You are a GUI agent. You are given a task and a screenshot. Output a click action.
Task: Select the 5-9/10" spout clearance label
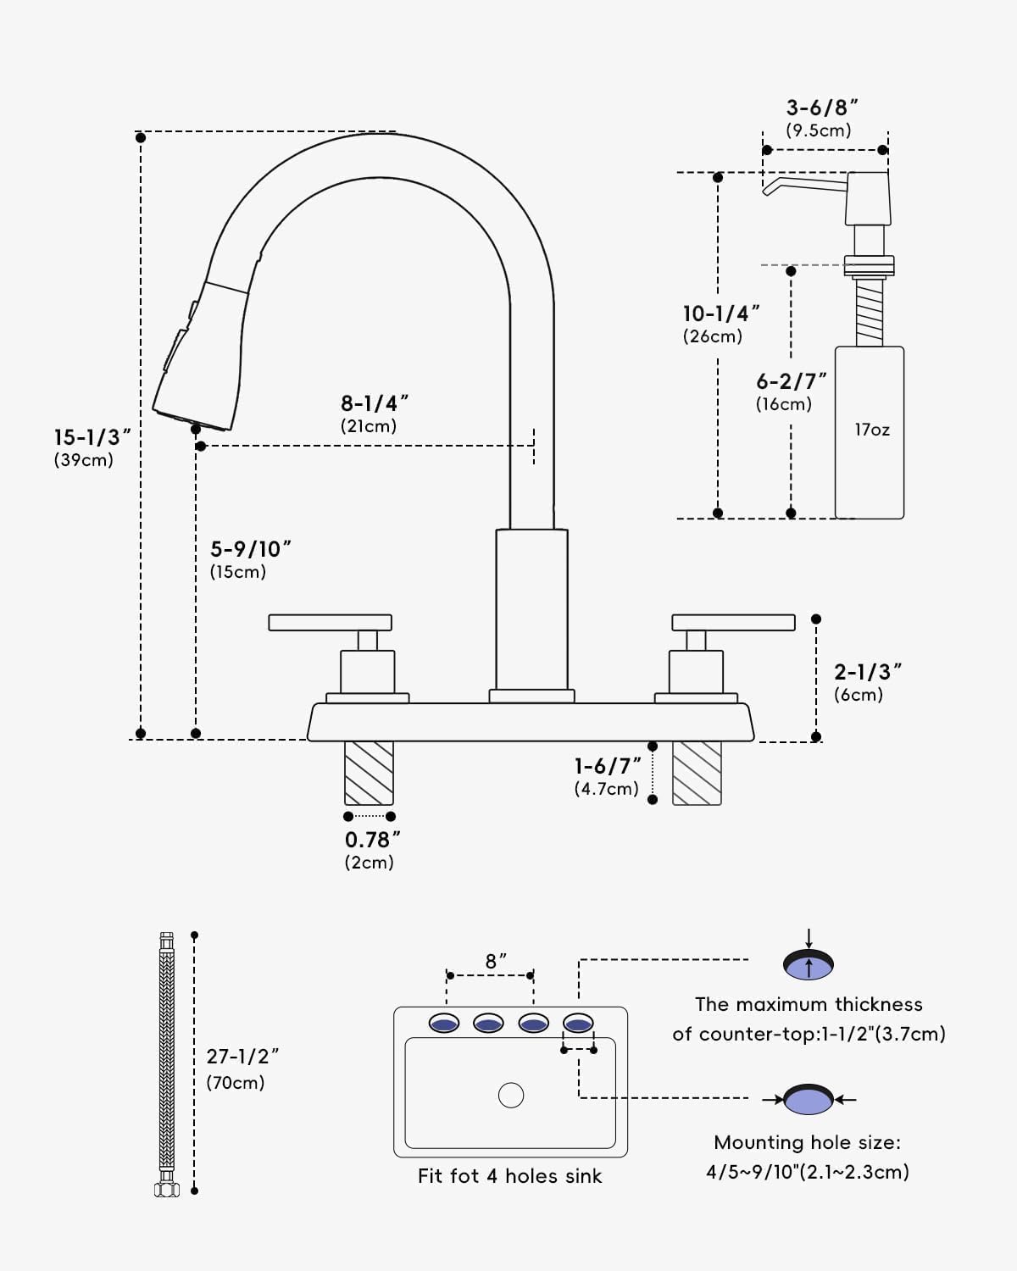[x=249, y=550]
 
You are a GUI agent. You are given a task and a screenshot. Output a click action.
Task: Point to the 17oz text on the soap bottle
[x=871, y=430]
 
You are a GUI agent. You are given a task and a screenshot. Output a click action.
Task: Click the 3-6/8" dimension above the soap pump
[x=821, y=108]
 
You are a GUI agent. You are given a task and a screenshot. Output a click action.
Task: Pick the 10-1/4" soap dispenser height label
[x=720, y=314]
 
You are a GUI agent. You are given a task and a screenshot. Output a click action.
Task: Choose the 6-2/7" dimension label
[x=790, y=382]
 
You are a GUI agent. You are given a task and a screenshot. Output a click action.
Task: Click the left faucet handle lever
[x=330, y=623]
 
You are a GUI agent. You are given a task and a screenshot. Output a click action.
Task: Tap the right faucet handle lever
[x=733, y=623]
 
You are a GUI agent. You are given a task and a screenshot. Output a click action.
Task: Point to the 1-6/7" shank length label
[x=607, y=767]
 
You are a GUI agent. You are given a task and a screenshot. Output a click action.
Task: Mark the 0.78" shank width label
[x=371, y=841]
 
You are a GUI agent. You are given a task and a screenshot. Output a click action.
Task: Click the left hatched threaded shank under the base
[x=369, y=773]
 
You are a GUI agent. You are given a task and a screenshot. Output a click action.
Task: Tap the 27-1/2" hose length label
[x=242, y=1057]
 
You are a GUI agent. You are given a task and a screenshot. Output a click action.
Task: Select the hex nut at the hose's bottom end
[x=167, y=1189]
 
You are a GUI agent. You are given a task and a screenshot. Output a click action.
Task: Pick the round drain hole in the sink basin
[x=511, y=1096]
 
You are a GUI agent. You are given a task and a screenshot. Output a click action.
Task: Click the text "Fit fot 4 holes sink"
[x=509, y=1177]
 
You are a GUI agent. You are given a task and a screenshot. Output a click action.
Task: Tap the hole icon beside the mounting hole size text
[x=809, y=1100]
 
